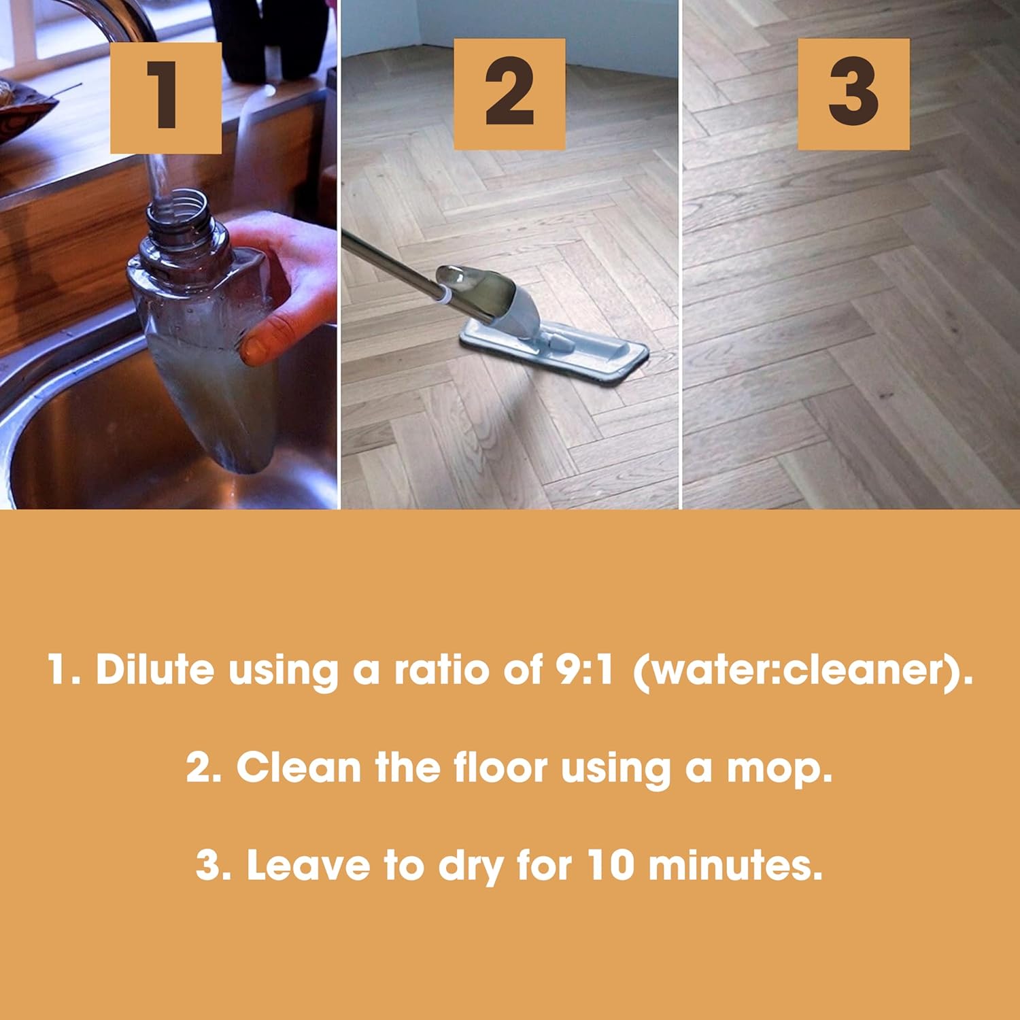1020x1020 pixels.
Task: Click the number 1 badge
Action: click(165, 97)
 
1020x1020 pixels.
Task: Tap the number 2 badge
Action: click(509, 94)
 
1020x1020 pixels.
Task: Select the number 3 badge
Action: click(853, 94)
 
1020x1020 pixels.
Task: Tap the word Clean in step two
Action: click(299, 768)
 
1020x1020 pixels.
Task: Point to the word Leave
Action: click(309, 865)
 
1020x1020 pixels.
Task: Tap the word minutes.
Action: click(734, 865)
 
